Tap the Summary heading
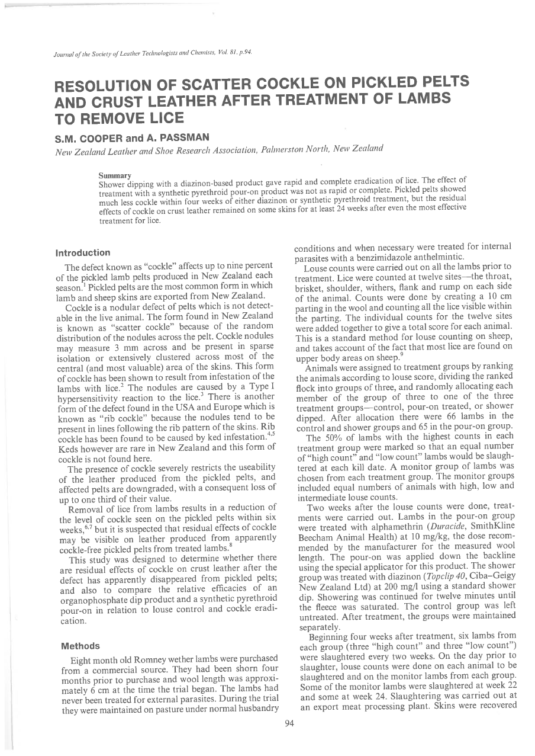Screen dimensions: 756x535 111,175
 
